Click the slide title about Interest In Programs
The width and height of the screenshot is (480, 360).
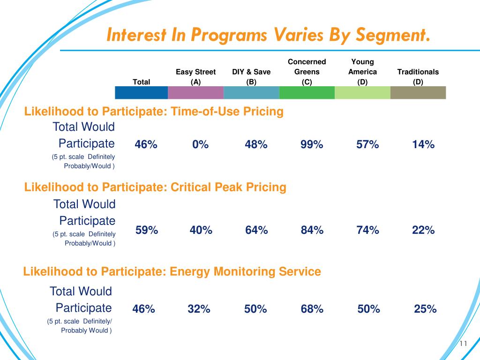pyautogui.click(x=268, y=35)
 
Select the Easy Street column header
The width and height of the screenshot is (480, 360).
pyautogui.click(x=196, y=77)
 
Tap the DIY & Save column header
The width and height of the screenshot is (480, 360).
pyautogui.click(x=251, y=77)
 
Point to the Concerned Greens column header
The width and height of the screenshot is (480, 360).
pyautogui.click(x=307, y=72)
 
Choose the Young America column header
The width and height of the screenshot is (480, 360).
pyautogui.click(x=362, y=72)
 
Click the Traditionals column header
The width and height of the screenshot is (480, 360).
pyautogui.click(x=418, y=77)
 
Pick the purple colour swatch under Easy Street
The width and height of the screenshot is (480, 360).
pyautogui.click(x=196, y=93)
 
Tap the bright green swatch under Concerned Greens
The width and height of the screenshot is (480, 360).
pyautogui.click(x=307, y=93)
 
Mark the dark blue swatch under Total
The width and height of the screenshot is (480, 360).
pyautogui.click(x=141, y=93)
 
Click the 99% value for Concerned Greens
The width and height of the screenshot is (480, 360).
pyautogui.click(x=312, y=145)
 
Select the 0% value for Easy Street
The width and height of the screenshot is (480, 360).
pyautogui.click(x=200, y=145)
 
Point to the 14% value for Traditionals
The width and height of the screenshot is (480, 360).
pyautogui.click(x=423, y=145)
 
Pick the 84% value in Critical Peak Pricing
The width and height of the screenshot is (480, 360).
pyautogui.click(x=312, y=230)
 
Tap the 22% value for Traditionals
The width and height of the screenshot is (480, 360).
pyautogui.click(x=423, y=230)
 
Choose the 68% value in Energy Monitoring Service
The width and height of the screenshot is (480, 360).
pyautogui.click(x=312, y=309)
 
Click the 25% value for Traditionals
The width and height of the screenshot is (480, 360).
pyautogui.click(x=425, y=309)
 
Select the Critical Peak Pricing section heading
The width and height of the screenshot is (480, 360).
pyautogui.click(x=155, y=187)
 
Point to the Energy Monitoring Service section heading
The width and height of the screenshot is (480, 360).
pyautogui.click(x=172, y=271)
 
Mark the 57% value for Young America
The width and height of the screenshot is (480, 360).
pyautogui.click(x=367, y=145)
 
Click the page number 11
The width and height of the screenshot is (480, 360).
pyautogui.click(x=464, y=344)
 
